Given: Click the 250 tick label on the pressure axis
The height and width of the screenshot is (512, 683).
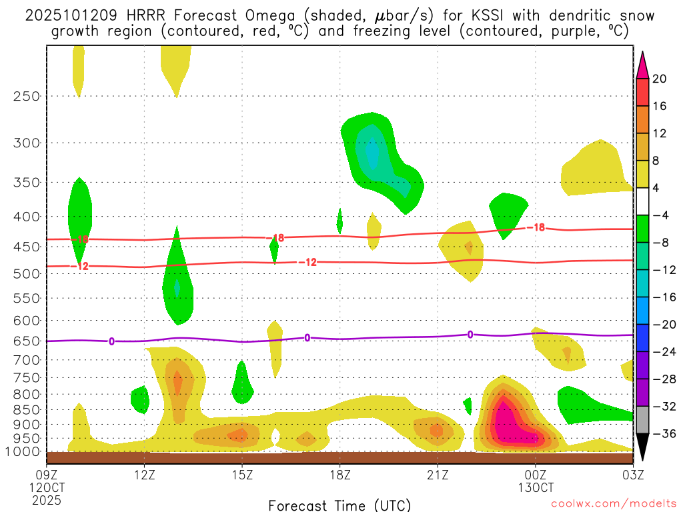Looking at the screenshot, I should pyautogui.click(x=26, y=96).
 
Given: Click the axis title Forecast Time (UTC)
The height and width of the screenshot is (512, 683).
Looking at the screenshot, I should pyautogui.click(x=339, y=505).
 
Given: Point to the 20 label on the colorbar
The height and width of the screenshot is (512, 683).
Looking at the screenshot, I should pyautogui.click(x=660, y=79).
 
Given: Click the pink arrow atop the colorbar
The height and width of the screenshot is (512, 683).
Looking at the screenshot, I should pyautogui.click(x=642, y=63).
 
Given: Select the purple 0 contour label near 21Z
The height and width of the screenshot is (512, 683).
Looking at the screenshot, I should pyautogui.click(x=470, y=335).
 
